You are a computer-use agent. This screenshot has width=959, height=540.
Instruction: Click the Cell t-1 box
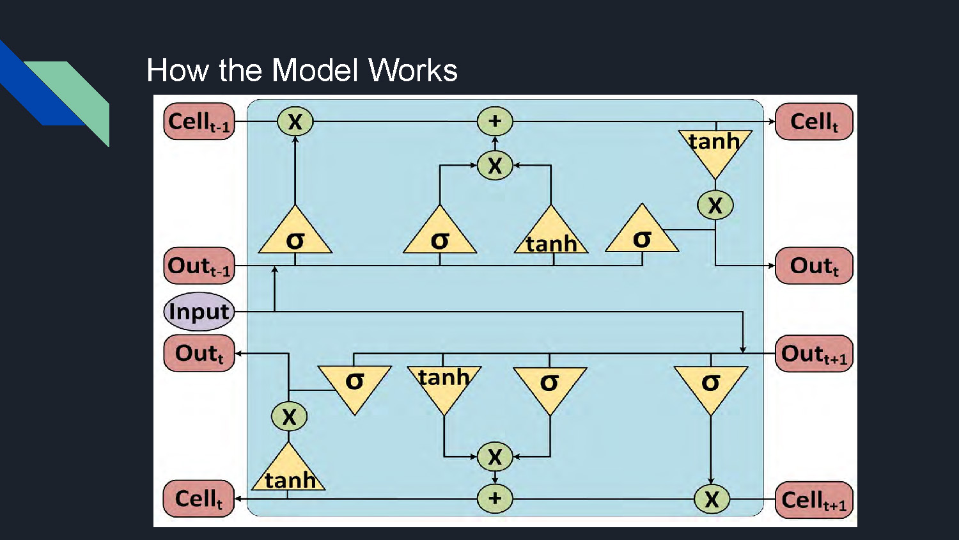[199, 122]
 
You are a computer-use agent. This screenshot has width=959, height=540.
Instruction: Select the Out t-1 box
[199, 266]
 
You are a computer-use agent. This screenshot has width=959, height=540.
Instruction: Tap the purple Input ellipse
[199, 312]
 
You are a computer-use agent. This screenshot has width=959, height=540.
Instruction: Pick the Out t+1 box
[814, 354]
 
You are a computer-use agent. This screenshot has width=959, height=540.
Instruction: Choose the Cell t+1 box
[814, 500]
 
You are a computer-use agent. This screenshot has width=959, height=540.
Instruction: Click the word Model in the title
[315, 70]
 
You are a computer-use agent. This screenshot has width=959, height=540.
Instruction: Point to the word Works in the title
[413, 70]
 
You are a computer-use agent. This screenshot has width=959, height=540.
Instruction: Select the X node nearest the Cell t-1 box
[295, 122]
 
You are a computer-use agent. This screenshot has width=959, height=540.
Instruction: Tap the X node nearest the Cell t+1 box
[712, 499]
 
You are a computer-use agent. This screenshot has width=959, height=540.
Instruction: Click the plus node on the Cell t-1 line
[495, 122]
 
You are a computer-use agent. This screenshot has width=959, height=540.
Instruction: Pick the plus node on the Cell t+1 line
[495, 499]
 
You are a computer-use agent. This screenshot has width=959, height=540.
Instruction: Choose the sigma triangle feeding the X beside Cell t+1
[711, 385]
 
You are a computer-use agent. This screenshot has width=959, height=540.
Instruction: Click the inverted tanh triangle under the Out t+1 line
[444, 385]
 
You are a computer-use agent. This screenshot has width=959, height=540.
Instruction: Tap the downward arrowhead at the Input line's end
[743, 349]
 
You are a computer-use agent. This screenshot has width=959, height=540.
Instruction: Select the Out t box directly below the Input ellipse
[199, 353]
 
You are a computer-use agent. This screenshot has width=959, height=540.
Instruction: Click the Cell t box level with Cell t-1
[814, 122]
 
